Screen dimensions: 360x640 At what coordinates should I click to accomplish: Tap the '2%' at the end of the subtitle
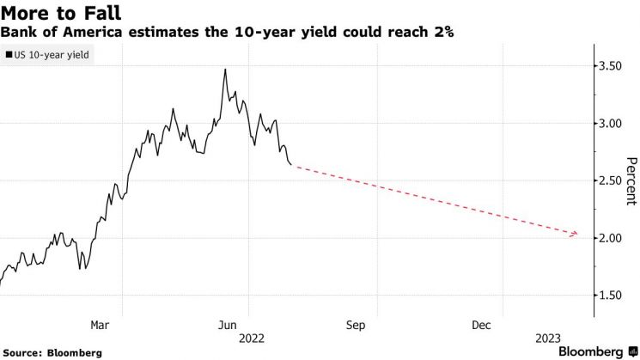click(x=444, y=32)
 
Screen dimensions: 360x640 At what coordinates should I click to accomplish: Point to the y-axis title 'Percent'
click(x=631, y=180)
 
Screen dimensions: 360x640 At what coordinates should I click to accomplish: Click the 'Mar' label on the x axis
click(x=101, y=325)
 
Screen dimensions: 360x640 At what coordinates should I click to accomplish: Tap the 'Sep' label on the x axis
click(x=356, y=325)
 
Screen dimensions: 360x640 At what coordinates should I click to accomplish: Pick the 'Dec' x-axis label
click(x=482, y=325)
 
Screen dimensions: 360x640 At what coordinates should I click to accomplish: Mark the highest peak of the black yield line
click(x=225, y=70)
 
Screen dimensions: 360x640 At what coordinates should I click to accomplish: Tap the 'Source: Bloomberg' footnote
click(x=52, y=352)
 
